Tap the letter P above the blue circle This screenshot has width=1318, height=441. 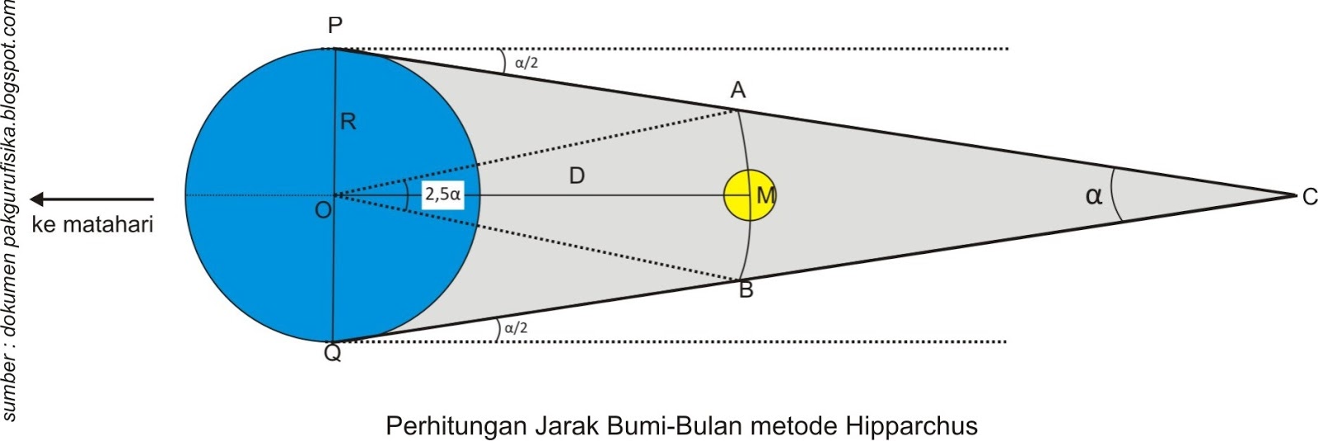[x=334, y=26]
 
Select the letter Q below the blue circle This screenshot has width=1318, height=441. [x=332, y=354]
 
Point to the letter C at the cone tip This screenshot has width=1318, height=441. [x=1309, y=197]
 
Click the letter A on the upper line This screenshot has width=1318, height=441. [x=738, y=90]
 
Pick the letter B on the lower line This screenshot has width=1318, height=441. [x=745, y=290]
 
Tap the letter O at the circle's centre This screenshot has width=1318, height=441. [x=323, y=210]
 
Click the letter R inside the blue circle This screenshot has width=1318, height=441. [x=348, y=123]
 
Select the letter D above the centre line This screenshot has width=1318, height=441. [x=577, y=176]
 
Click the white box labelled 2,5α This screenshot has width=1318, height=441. [x=442, y=195]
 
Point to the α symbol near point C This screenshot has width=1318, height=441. [x=1093, y=196]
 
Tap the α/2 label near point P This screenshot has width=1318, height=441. [x=526, y=62]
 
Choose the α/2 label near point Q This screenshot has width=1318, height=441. [x=516, y=327]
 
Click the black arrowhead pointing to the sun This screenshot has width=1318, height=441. [x=38, y=199]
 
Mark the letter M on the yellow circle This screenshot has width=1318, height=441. [x=765, y=196]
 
